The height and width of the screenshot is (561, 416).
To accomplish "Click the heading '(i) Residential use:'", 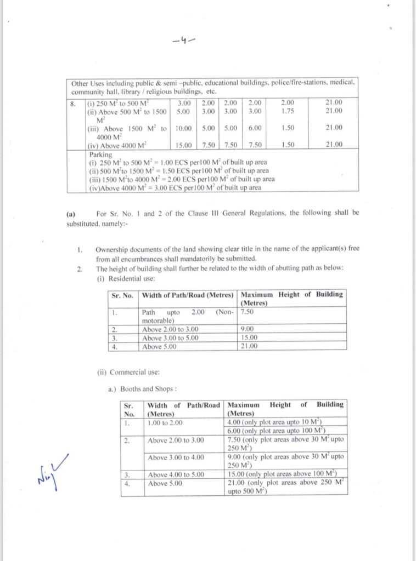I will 117,278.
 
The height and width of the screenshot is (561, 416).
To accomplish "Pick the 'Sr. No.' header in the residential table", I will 122,295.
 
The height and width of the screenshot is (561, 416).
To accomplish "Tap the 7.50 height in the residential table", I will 247,312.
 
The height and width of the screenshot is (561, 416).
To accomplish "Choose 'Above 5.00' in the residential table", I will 160,346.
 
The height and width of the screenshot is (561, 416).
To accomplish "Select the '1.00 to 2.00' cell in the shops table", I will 166,422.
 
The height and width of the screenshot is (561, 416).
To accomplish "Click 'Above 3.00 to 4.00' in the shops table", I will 176,457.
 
